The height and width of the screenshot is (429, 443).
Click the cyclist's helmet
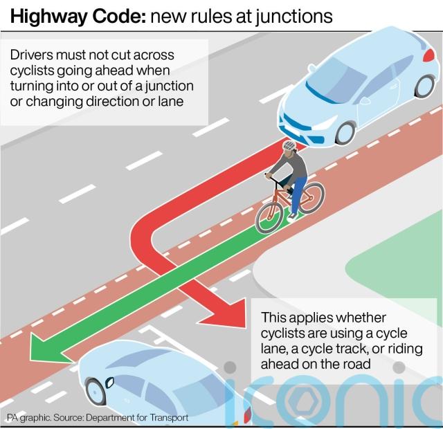[x=289, y=145]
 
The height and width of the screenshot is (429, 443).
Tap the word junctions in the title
[x=293, y=17]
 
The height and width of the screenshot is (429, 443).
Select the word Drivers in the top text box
[x=31, y=55]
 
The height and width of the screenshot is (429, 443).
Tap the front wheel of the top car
[x=345, y=133]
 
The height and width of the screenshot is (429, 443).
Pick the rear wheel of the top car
[x=424, y=86]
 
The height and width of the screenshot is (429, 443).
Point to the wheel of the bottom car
[x=96, y=392]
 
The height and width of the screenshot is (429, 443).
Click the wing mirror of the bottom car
[x=109, y=383]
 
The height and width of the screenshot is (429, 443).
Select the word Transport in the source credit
[x=169, y=417]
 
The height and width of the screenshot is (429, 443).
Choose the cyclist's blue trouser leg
[x=298, y=194]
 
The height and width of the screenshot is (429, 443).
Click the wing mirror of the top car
[x=312, y=68]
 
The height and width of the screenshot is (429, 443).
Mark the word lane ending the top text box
[x=171, y=102]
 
